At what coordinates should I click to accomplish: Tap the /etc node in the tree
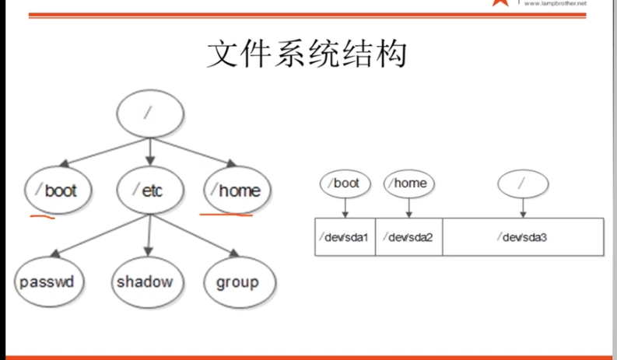[149, 190]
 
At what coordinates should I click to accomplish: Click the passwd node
[49, 281]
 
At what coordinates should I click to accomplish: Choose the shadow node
[145, 281]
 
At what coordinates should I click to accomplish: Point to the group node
[237, 281]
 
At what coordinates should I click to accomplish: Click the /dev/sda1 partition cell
[345, 237]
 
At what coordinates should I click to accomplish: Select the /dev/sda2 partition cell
[409, 237]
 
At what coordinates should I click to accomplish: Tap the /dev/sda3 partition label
[522, 237]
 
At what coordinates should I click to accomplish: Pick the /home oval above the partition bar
[409, 183]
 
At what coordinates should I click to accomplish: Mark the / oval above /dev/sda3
[523, 184]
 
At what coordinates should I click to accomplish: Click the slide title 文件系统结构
[307, 55]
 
